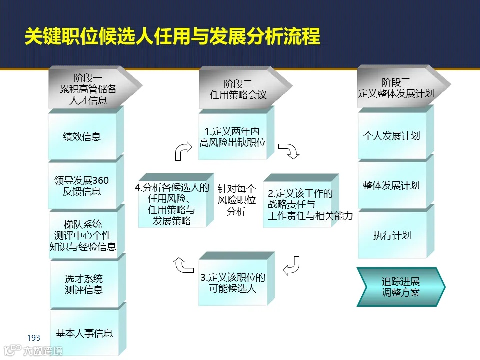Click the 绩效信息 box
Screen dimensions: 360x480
click(x=83, y=136)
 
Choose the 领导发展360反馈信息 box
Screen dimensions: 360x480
click(x=83, y=186)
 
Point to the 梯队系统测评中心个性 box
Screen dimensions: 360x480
click(x=83, y=235)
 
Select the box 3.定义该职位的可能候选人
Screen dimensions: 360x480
click(x=233, y=283)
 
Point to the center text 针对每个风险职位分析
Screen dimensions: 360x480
click(x=236, y=200)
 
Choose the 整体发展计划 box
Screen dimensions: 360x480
click(x=392, y=185)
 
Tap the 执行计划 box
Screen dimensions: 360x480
click(x=392, y=235)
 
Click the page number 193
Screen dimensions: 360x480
click(x=34, y=338)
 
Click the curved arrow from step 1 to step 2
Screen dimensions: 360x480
click(x=288, y=151)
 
